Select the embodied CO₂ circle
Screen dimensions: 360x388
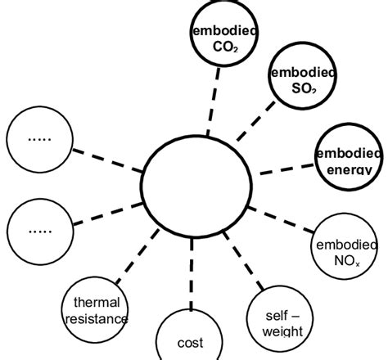click(x=222, y=37)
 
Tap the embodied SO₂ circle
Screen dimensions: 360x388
click(x=302, y=79)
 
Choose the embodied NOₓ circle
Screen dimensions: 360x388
click(x=345, y=245)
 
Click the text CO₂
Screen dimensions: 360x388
click(x=222, y=46)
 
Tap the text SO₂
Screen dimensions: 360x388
click(x=302, y=88)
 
